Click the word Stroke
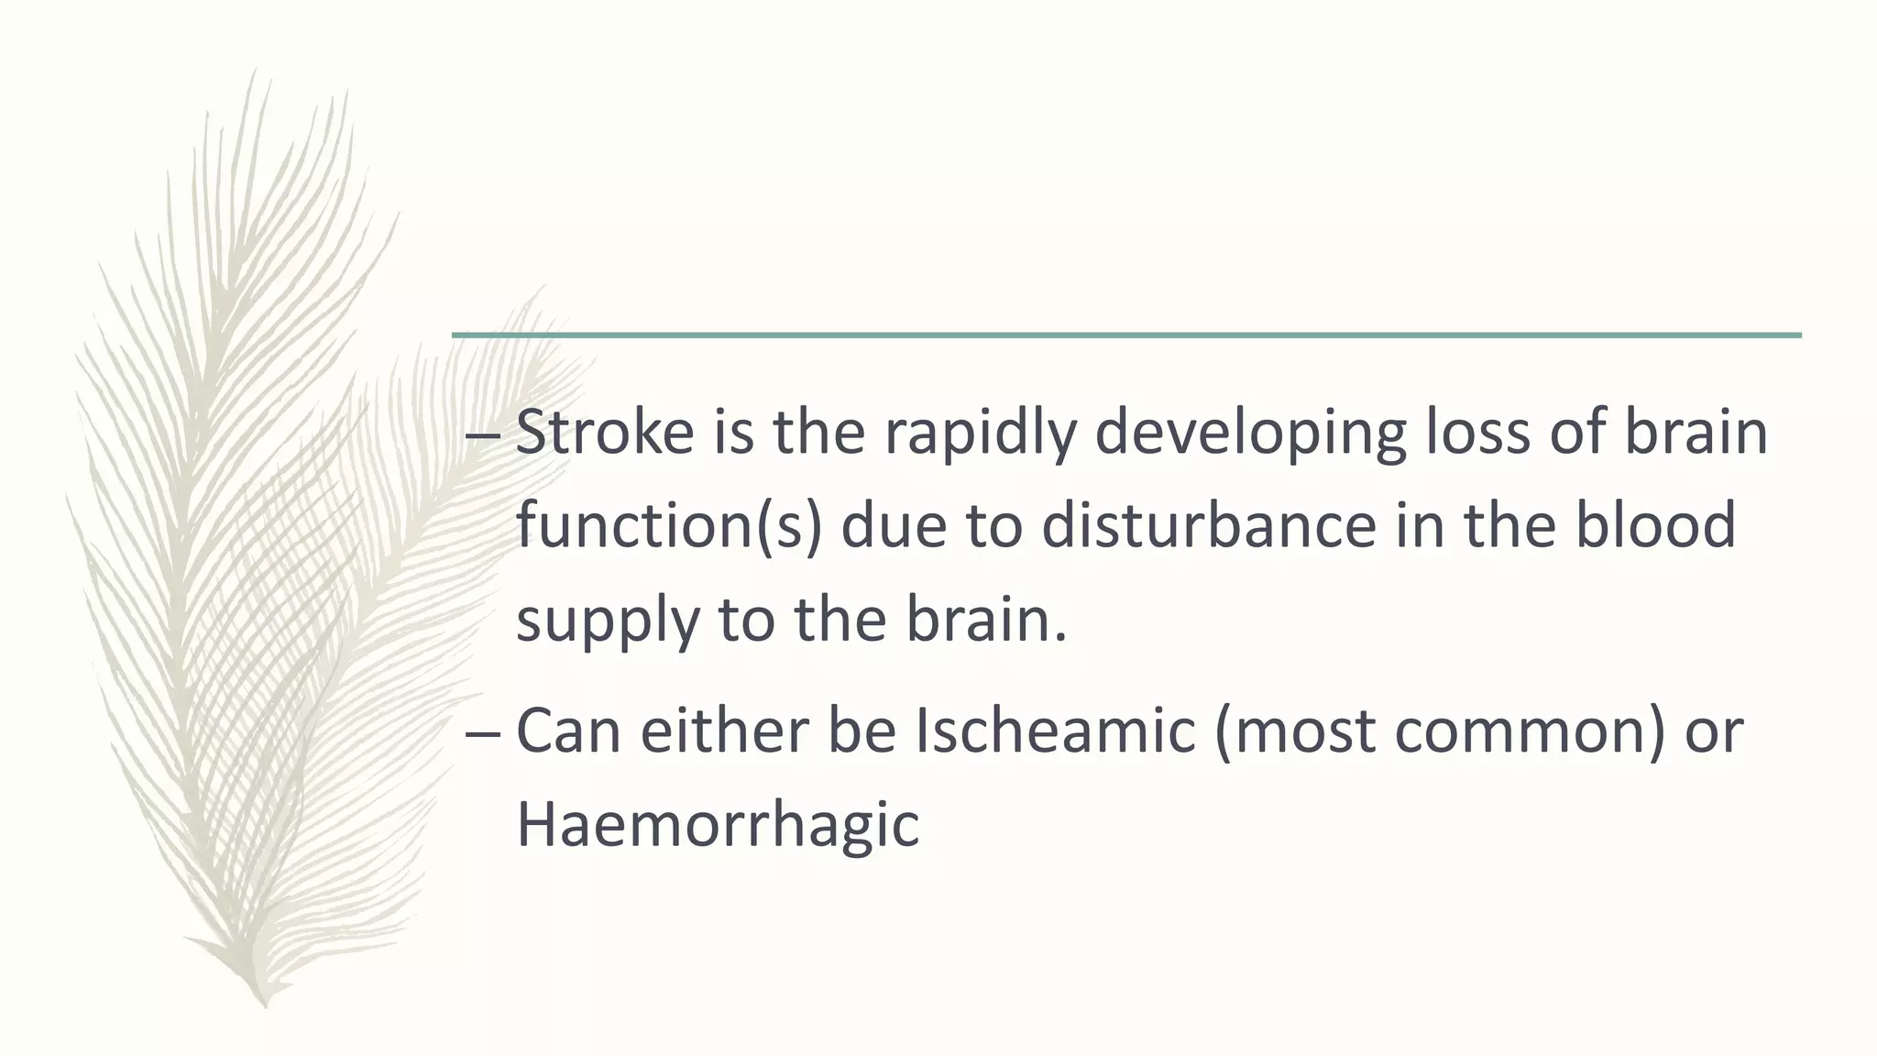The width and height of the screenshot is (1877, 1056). [x=605, y=432]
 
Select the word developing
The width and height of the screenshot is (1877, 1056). [x=1250, y=432]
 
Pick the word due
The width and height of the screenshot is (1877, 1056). [x=894, y=526]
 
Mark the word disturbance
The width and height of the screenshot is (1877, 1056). [x=1208, y=526]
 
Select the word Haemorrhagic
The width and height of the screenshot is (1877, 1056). [x=718, y=824]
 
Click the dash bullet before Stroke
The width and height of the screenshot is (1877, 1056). [x=483, y=434]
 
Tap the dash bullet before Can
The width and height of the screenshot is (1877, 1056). [x=483, y=733]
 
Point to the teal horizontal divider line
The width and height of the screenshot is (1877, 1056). [x=1126, y=335]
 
